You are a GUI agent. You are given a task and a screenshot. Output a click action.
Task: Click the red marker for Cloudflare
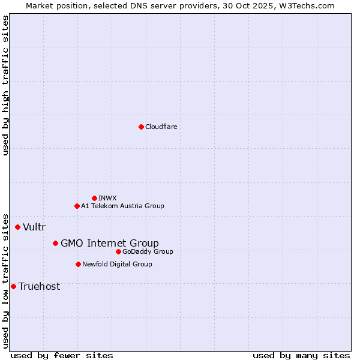click(x=141, y=127)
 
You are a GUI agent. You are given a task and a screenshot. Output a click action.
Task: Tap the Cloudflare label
click(x=161, y=127)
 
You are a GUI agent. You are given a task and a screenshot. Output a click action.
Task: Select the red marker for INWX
click(x=94, y=198)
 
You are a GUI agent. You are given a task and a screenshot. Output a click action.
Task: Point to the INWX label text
click(x=107, y=198)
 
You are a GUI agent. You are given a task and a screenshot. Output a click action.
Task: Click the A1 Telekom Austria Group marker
click(x=77, y=206)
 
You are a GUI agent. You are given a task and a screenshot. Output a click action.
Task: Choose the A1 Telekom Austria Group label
click(x=122, y=206)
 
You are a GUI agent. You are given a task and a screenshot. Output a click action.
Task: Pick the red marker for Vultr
click(x=17, y=227)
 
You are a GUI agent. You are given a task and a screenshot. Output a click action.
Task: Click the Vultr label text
click(x=34, y=227)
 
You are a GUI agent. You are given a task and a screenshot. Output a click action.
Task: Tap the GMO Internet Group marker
click(x=55, y=243)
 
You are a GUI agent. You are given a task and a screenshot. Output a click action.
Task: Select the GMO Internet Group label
click(x=110, y=243)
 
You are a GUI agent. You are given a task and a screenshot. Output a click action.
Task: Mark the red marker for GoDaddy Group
click(x=118, y=251)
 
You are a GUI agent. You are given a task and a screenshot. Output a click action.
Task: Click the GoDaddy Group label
click(x=148, y=251)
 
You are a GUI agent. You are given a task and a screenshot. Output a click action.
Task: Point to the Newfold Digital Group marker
click(x=78, y=264)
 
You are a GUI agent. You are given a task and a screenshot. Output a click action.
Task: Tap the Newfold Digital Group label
click(x=117, y=264)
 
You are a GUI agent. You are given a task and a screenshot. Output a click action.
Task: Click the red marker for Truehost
click(x=13, y=286)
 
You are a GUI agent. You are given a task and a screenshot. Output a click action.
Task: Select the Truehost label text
click(x=39, y=286)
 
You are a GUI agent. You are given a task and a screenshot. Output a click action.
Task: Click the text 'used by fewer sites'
click(x=62, y=355)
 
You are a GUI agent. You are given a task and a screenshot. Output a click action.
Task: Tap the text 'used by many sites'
click(x=301, y=355)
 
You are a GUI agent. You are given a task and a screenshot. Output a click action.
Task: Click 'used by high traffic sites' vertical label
click(x=5, y=85)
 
